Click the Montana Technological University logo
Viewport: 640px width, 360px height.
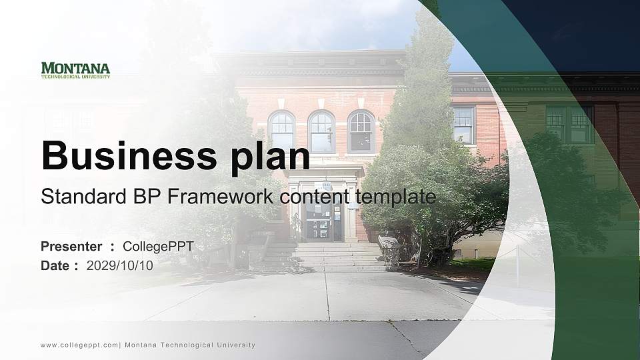click(x=75, y=70)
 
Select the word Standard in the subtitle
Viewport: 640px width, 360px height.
click(x=73, y=197)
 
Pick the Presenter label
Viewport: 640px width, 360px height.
click(x=71, y=247)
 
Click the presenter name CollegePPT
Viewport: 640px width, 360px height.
click(x=158, y=247)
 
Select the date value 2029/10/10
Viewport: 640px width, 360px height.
click(x=120, y=265)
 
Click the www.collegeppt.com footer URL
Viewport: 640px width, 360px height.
click(x=79, y=345)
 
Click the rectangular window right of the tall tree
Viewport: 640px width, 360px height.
click(x=463, y=125)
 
